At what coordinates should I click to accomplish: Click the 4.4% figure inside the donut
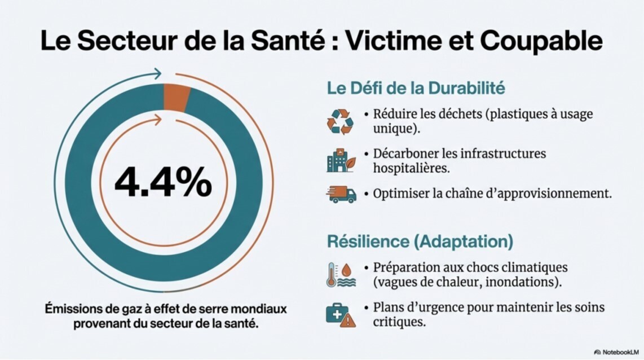(x=163, y=182)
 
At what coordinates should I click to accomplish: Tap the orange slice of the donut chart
(x=176, y=96)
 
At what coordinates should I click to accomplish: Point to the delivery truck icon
(x=341, y=194)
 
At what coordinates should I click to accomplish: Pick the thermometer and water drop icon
(x=341, y=275)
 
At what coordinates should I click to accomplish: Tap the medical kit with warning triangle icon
(x=341, y=314)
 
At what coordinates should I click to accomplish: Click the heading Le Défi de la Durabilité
(x=416, y=89)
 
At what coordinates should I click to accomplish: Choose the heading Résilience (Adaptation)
(x=420, y=242)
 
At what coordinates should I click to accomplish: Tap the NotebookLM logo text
(x=621, y=352)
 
